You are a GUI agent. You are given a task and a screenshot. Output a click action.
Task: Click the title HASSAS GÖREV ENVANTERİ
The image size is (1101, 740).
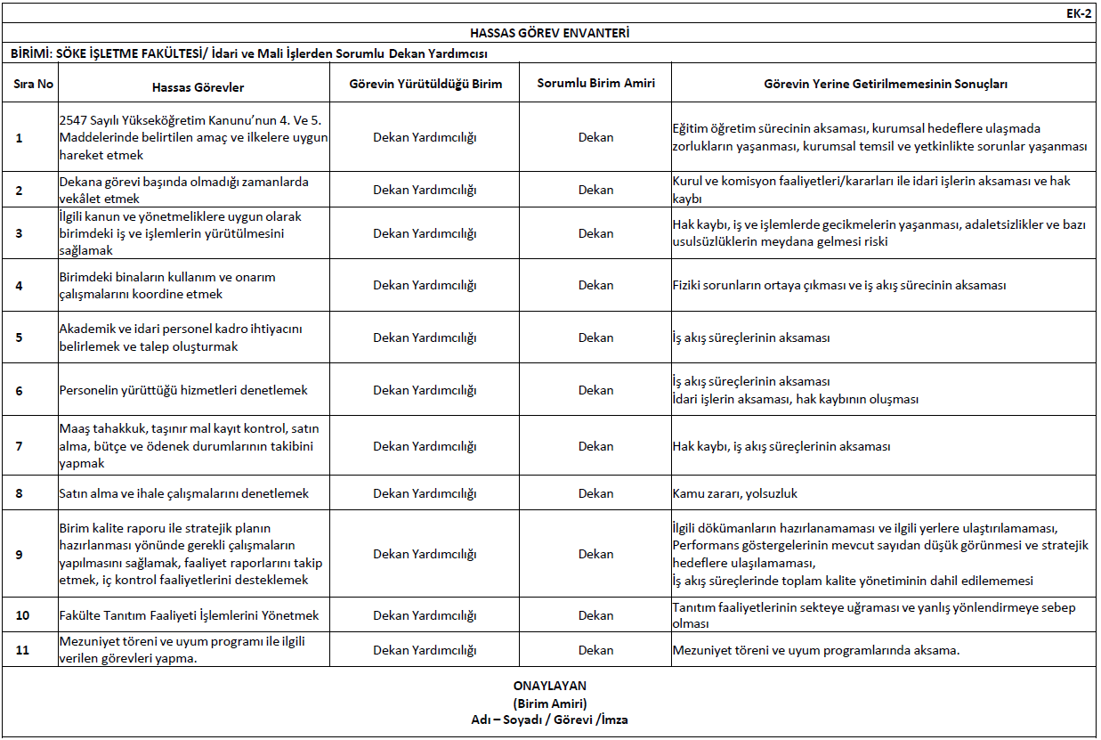549,33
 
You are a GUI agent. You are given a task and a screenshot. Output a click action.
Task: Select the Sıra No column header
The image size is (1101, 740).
34,84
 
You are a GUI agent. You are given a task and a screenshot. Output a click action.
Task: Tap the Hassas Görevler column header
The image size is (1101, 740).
198,87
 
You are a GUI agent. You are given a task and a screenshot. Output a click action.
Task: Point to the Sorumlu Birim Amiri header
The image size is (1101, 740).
595,84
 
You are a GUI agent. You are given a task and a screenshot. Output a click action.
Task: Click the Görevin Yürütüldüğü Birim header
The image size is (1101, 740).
425,84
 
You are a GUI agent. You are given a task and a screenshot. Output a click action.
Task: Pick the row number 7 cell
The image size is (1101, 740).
20,446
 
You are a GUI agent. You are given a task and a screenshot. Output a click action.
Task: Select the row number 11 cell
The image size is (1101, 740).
22,650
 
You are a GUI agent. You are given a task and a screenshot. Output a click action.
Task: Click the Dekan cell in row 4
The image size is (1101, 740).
595,286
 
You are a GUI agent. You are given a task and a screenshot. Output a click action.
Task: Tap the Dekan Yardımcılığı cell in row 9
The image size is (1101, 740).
425,554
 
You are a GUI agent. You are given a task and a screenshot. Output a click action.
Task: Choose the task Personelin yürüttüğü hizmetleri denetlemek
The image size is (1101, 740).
183,390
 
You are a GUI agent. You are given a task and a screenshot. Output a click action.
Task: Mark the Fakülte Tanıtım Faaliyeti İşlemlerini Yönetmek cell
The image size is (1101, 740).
189,615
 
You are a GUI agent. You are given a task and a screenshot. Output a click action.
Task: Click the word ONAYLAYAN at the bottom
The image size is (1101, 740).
549,686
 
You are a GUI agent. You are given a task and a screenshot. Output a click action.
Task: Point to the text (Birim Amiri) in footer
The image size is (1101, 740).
549,703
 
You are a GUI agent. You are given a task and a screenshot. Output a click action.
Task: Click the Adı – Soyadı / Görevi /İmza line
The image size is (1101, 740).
549,720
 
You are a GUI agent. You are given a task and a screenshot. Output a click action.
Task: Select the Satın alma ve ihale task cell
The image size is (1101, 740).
183,493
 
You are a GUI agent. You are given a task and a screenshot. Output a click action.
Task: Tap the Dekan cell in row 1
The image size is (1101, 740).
595,138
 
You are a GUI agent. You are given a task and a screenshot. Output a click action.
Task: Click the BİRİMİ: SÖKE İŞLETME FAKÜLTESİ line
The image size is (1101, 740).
249,53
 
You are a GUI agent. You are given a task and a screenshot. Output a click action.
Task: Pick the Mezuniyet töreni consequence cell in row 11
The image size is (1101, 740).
816,650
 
